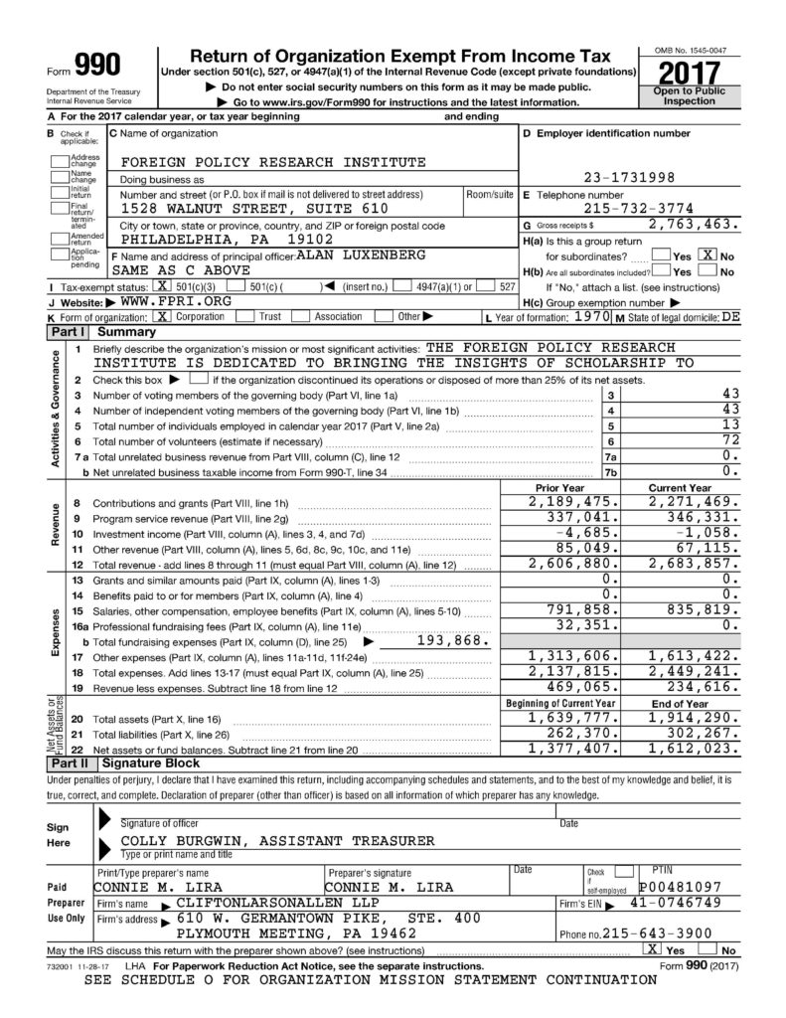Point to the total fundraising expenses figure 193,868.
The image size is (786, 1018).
pos(444,640)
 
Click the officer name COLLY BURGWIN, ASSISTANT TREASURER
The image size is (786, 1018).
pos(277,840)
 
